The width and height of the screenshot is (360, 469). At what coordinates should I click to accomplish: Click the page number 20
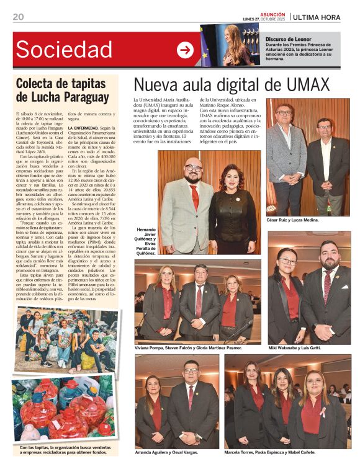18,17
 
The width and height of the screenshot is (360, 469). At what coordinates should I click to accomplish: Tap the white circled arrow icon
185,50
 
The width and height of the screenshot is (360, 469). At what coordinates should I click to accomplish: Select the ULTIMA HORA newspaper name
317,17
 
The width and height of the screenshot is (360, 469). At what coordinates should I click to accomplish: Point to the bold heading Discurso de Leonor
289,38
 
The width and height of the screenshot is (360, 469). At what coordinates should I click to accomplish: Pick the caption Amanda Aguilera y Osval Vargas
168,452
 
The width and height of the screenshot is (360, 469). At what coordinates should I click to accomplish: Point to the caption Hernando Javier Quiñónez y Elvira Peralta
145,240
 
